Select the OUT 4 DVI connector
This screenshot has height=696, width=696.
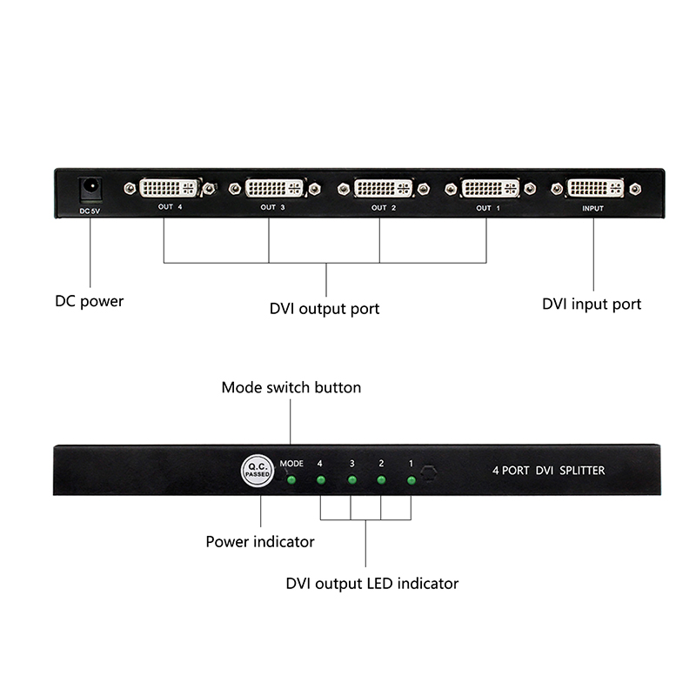(x=171, y=188)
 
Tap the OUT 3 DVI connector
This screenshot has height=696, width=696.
(x=274, y=188)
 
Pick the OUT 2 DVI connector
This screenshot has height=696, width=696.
(x=383, y=188)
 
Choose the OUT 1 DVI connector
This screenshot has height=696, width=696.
(x=490, y=188)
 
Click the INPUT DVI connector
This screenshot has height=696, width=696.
(x=594, y=188)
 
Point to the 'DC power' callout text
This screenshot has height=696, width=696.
(x=90, y=302)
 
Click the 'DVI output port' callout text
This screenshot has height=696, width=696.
(x=325, y=309)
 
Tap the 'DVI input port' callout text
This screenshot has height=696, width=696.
(x=592, y=304)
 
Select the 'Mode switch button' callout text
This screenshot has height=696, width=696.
(x=291, y=387)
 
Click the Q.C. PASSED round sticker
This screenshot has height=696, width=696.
(x=258, y=472)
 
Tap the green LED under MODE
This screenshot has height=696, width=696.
(x=292, y=480)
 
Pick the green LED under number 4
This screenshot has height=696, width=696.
(x=320, y=480)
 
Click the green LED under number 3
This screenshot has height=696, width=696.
(x=351, y=480)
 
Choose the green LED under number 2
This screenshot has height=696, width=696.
(x=381, y=480)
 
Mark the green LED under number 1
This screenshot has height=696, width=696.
(x=411, y=480)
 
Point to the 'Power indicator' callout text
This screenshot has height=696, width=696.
(x=260, y=542)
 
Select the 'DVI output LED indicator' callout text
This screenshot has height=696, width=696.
(x=371, y=583)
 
